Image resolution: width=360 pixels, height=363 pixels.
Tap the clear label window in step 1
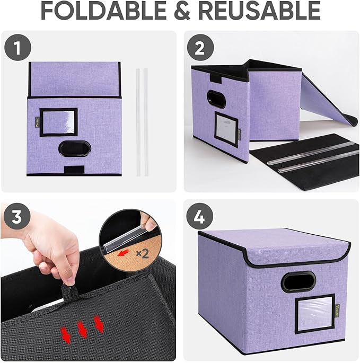click(58, 122)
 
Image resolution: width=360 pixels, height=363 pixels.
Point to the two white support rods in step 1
click(141, 121)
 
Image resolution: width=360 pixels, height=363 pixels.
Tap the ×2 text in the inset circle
click(142, 254)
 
